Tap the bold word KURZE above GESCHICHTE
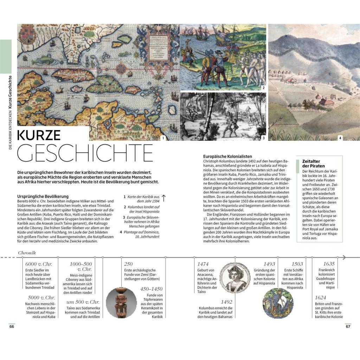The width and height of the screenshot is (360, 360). pos(39,135)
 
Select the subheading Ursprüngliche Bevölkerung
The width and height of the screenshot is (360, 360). pos(43,196)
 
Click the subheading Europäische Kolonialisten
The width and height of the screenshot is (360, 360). pos(227,156)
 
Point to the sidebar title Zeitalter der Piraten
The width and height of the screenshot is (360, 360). pos(313,163)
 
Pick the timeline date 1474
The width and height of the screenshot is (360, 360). pos(203,264)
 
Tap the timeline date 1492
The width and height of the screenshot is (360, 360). pos(226,302)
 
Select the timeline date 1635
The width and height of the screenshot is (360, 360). pos(329,264)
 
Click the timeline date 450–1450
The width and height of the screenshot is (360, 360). pos(152,289)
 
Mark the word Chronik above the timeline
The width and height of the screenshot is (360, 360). pos(27,253)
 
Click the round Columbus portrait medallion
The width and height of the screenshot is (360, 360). pos(234,276)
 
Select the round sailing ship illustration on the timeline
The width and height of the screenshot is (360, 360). pos(278,303)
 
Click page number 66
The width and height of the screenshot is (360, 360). pos(12,326)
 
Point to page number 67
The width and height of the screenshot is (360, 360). pos(348,326)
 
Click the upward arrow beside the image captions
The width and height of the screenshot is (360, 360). pos(163,198)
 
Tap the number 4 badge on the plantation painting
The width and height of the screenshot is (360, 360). pos(340,138)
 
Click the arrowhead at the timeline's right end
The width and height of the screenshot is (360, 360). pos(344,257)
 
